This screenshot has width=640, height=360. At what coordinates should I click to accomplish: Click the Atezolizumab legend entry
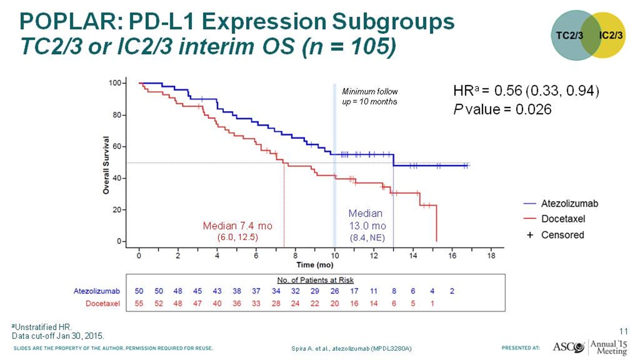569,203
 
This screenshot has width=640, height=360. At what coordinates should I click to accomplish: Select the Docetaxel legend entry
563,219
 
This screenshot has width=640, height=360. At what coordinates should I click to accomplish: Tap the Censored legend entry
562,234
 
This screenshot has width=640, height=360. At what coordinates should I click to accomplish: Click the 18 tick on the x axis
491,255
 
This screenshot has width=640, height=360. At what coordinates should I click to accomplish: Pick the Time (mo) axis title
315,264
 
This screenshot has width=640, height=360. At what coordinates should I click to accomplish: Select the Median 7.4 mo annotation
237,225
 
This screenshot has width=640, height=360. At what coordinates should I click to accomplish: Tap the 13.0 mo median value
367,225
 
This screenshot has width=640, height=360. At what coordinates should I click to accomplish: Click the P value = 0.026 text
502,109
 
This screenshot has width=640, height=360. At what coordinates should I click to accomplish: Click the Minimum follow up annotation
369,96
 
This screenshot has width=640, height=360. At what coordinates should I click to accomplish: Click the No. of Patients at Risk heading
315,280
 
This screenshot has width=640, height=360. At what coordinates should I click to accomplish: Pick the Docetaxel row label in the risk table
103,303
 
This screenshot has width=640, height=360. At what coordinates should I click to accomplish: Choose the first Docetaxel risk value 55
139,303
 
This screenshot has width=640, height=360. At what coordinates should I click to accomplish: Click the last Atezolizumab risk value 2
452,290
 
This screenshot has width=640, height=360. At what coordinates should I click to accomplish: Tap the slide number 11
623,330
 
